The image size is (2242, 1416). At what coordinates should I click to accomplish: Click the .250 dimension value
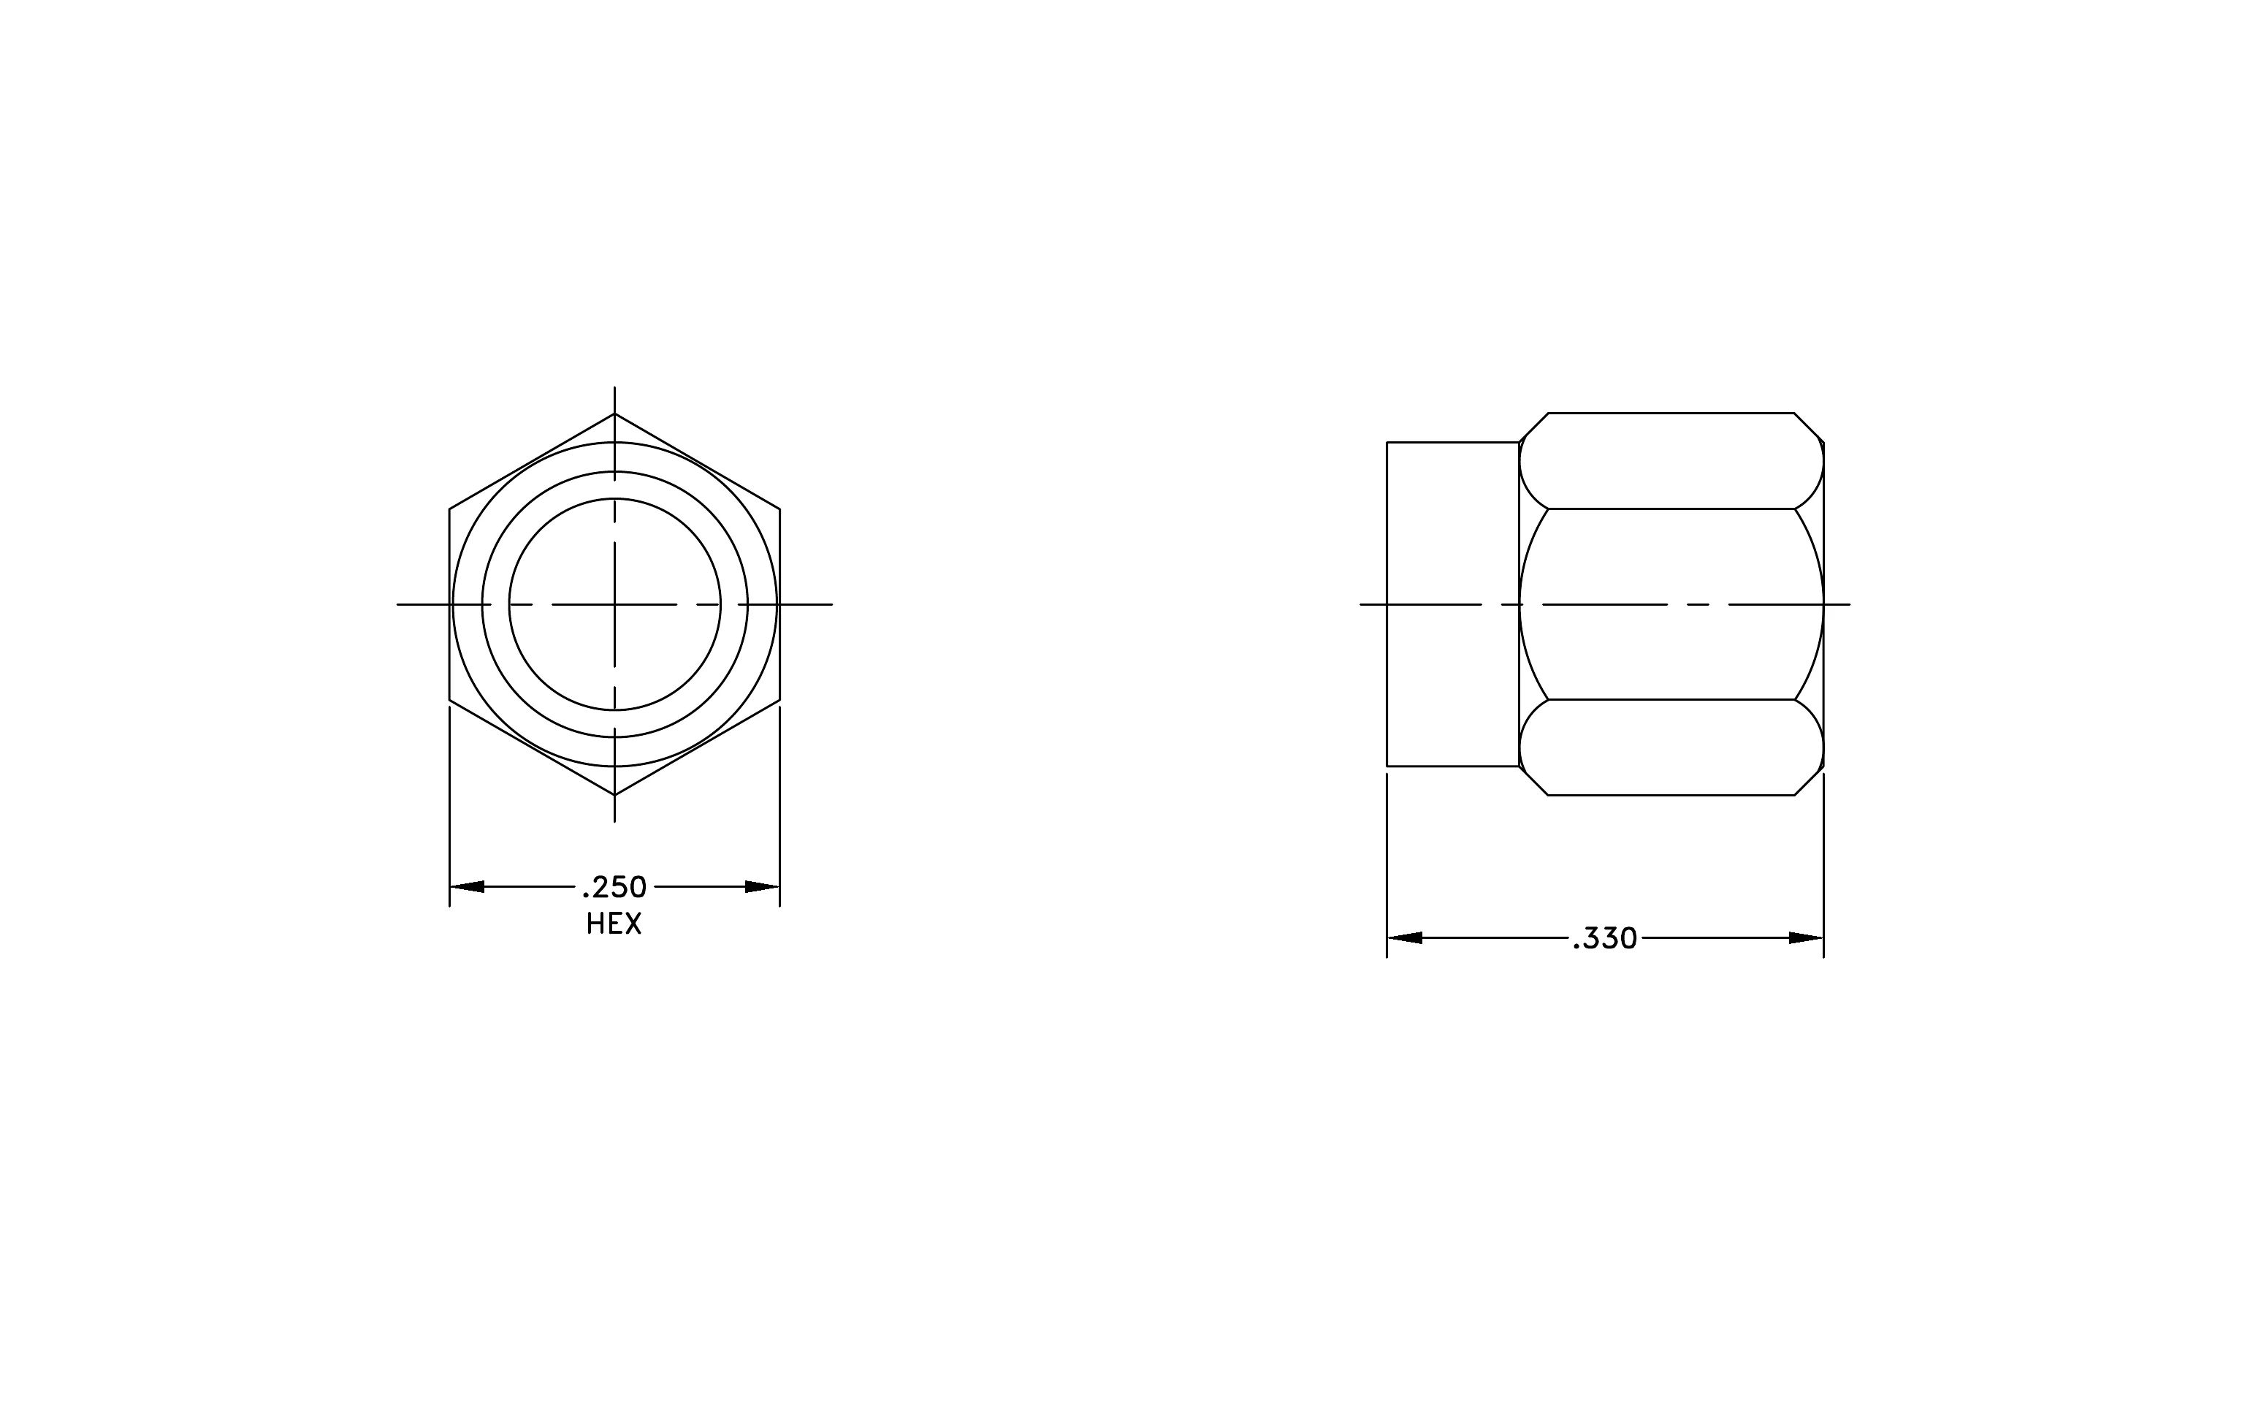(x=614, y=887)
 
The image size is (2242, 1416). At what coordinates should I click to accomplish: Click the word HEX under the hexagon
(x=614, y=924)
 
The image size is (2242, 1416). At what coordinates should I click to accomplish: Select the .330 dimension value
(x=1605, y=938)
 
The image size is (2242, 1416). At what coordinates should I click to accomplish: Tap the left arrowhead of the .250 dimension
(x=467, y=886)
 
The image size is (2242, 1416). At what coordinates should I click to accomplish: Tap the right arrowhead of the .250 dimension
(x=763, y=886)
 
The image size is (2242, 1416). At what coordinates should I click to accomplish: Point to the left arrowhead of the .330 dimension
(x=1404, y=937)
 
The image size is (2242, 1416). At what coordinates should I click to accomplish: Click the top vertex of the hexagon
(x=614, y=414)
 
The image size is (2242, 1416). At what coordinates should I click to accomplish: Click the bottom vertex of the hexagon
(x=614, y=795)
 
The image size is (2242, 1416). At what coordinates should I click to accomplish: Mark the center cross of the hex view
(x=614, y=604)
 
